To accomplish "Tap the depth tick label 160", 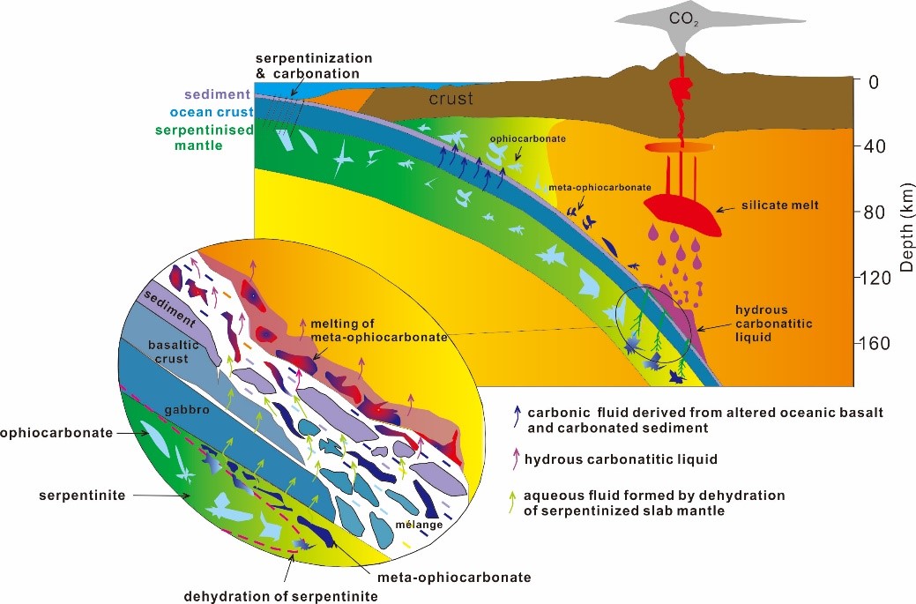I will tap(881, 343).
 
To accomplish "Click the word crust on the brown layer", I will tap(451, 99).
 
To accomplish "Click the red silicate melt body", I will tap(683, 214).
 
